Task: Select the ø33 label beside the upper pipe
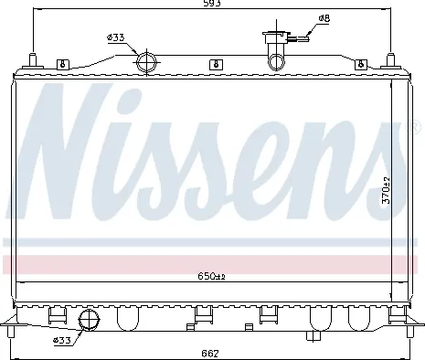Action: click(x=116, y=37)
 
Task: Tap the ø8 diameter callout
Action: click(x=324, y=18)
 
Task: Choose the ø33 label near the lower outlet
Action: click(x=62, y=341)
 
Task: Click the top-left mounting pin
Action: click(x=33, y=60)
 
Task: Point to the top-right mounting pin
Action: click(x=392, y=60)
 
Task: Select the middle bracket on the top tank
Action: click(x=215, y=64)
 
